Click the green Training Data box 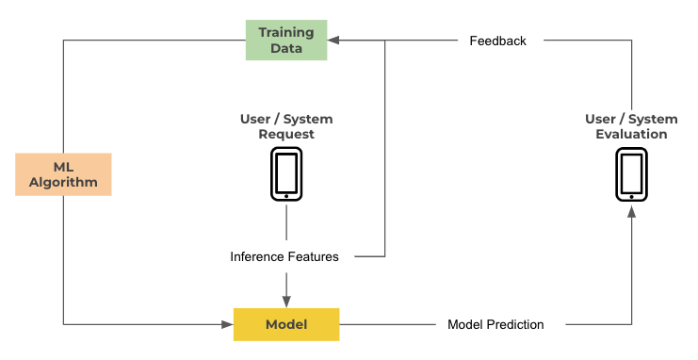point(286,41)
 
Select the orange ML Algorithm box point(63,174)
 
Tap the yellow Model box point(286,324)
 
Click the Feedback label point(497,41)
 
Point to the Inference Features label point(284,256)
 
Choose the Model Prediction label point(495,324)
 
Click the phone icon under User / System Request point(286,173)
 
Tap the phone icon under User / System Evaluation point(631,173)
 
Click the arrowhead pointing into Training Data point(333,41)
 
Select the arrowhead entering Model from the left point(227,324)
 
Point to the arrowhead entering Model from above point(286,302)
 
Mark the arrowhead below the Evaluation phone point(631,211)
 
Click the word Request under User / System point(286,134)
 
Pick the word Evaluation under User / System point(631,134)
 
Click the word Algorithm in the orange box point(63,182)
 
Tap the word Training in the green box point(286,33)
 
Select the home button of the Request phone point(286,196)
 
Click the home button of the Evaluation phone point(631,196)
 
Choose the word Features point(313,256)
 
